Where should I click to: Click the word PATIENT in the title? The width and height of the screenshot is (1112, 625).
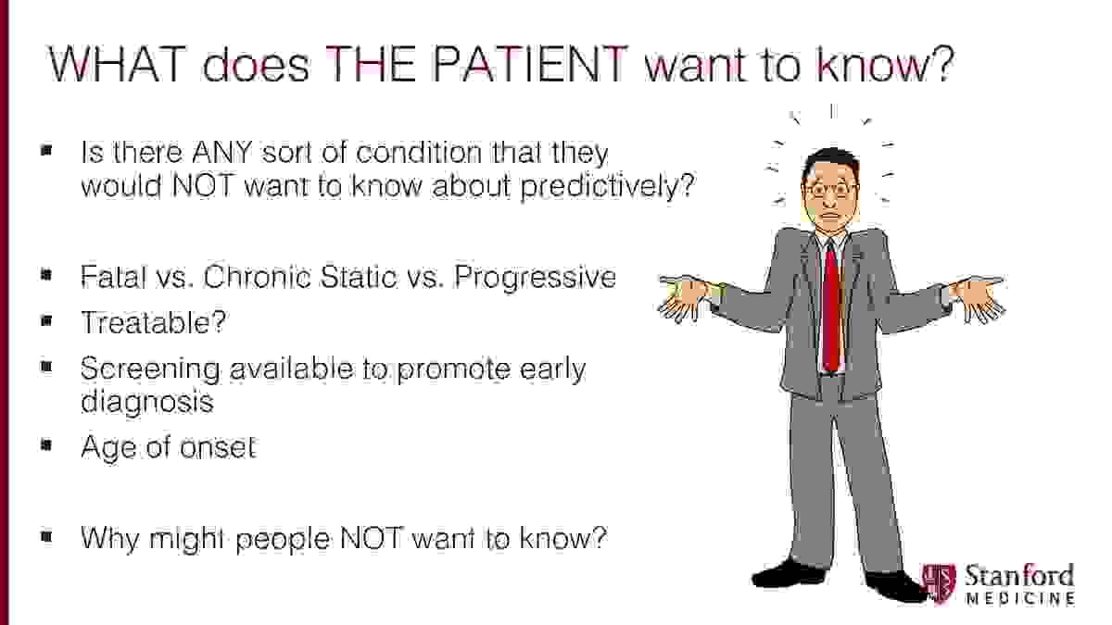pos(531,65)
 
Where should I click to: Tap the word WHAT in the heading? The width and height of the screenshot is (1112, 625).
pos(117,65)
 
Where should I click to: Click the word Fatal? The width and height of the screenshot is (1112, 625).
pos(114,277)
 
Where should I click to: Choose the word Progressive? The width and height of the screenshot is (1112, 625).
pos(536,278)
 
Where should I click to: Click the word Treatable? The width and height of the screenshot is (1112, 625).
pos(154,322)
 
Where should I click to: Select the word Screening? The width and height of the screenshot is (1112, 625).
pos(150,370)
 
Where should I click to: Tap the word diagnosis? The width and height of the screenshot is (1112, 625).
pos(147,402)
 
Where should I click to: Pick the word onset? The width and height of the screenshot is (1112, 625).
pos(218,447)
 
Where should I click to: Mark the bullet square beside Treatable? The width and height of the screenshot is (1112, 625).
pos(46,321)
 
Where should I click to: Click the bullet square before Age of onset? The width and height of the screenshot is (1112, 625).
pos(46,444)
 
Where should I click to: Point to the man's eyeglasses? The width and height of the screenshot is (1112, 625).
pos(830,190)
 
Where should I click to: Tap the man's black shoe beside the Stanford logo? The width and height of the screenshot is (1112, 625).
pos(893,585)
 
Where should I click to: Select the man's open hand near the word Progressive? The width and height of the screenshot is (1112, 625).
pos(683,297)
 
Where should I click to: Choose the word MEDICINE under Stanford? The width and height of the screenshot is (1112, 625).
pos(1020,598)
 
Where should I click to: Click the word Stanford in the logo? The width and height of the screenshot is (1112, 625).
pos(1019,576)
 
